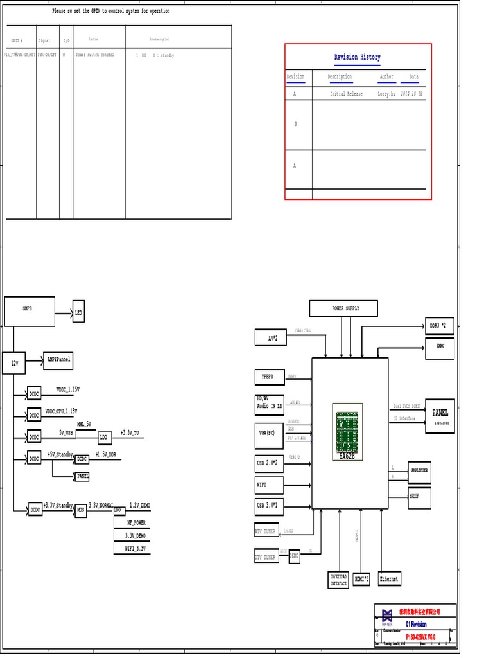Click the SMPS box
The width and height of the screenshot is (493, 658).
[x=29, y=311]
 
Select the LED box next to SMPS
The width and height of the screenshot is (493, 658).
[x=78, y=312]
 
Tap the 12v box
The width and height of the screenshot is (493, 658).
[x=13, y=363]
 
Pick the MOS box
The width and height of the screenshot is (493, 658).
[x=81, y=510]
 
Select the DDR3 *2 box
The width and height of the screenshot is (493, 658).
[x=440, y=326]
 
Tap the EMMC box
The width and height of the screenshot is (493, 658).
[x=440, y=348]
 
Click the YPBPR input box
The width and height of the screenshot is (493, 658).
[x=268, y=376]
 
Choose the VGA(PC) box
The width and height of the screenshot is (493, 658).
[x=268, y=433]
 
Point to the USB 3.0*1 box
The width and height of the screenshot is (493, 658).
[x=268, y=506]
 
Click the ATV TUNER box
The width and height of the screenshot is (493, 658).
[x=265, y=531]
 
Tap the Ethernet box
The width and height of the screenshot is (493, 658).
[x=389, y=579]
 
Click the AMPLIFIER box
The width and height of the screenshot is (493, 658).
[x=419, y=471]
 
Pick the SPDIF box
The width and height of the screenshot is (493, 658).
[x=419, y=497]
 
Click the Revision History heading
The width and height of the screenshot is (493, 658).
[x=357, y=57]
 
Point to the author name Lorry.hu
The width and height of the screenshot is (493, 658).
[x=385, y=94]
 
